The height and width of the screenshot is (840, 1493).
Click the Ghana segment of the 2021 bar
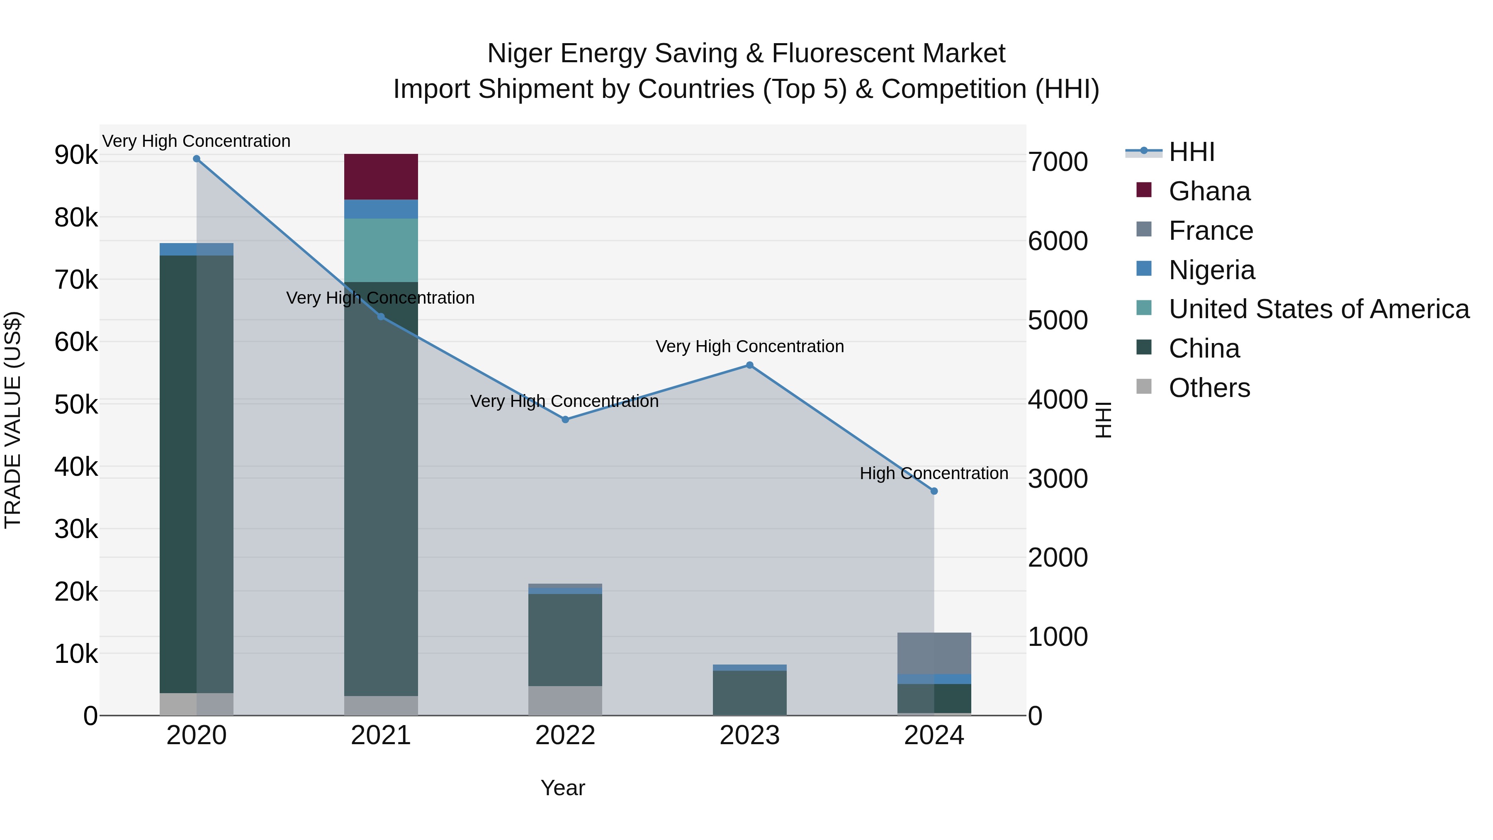tap(381, 177)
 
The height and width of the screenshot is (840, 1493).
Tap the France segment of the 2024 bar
tap(934, 653)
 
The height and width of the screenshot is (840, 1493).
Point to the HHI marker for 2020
tap(197, 159)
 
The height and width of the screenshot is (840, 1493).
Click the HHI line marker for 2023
tap(749, 365)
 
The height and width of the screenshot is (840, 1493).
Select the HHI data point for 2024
tap(934, 491)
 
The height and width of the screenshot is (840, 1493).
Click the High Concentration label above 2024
tap(934, 474)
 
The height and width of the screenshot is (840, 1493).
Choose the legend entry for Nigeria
tap(1211, 270)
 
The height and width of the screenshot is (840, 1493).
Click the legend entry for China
tap(1204, 349)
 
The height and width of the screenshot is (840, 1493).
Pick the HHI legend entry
tap(1191, 152)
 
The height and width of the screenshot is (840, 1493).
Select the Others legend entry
tap(1209, 388)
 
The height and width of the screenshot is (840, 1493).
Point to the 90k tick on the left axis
tap(76, 156)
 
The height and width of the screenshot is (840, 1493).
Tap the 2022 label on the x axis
tap(565, 735)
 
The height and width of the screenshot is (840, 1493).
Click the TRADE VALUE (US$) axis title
tap(13, 420)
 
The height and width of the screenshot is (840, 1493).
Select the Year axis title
tap(563, 789)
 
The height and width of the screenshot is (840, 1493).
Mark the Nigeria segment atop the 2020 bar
tap(197, 249)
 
